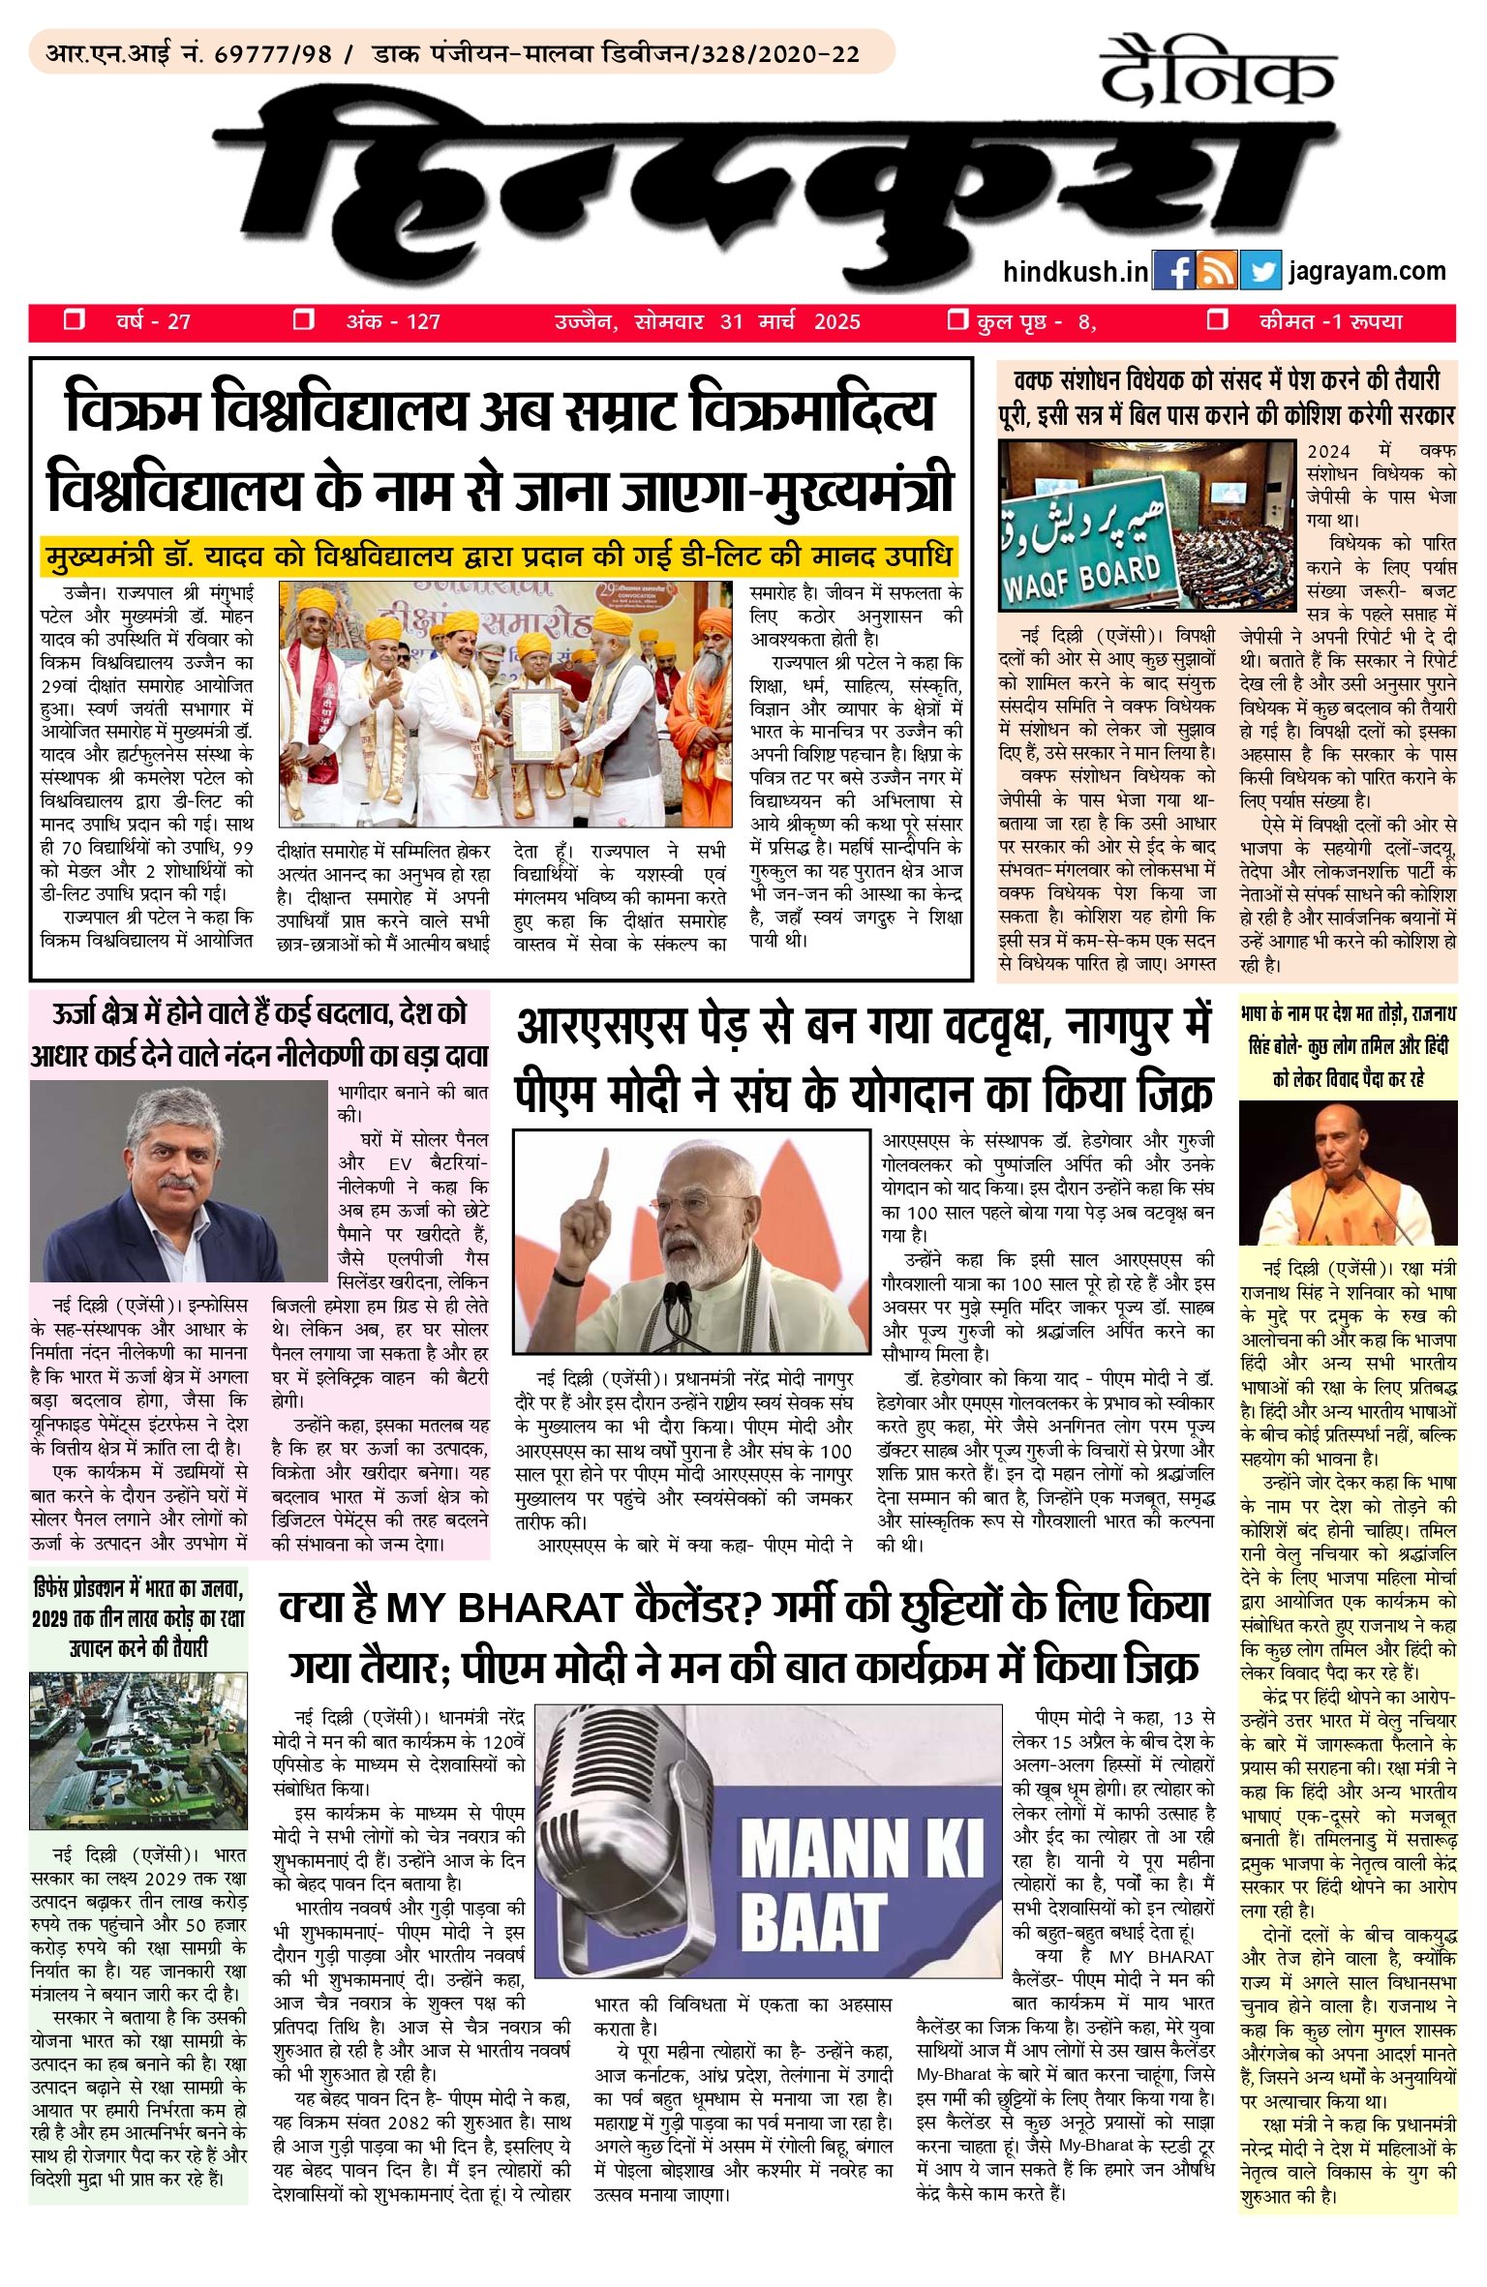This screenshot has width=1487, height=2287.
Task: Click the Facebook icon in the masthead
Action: click(x=1173, y=271)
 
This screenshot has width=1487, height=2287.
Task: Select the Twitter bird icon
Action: click(x=1259, y=271)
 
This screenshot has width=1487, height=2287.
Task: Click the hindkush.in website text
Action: click(x=1076, y=272)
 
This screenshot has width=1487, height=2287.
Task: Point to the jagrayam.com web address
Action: click(x=1367, y=271)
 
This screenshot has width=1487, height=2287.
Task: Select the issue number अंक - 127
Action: click(x=392, y=322)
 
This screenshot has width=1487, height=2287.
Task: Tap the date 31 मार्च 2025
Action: click(x=790, y=322)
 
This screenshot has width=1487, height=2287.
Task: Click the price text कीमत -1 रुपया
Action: click(x=1330, y=322)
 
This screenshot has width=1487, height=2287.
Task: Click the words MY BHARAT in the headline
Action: click(x=502, y=1610)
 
